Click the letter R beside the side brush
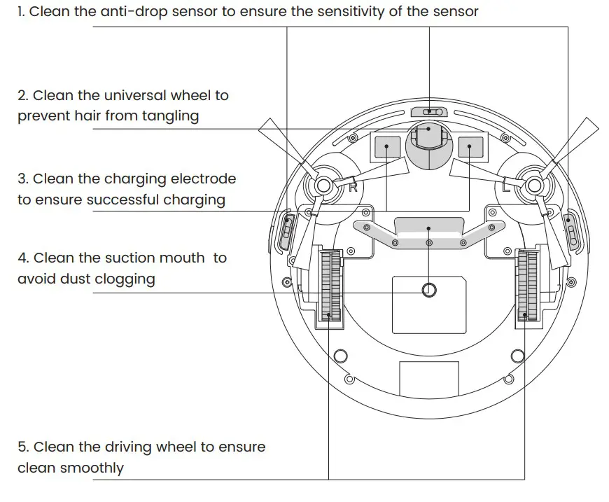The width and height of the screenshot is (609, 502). pyautogui.click(x=353, y=188)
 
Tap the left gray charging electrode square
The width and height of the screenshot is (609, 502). pyautogui.click(x=387, y=147)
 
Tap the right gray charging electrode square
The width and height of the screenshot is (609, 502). pyautogui.click(x=470, y=147)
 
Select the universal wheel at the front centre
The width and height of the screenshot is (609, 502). pyautogui.click(x=428, y=139)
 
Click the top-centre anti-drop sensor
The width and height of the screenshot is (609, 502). pyautogui.click(x=428, y=112)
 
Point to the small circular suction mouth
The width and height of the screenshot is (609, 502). pyautogui.click(x=428, y=290)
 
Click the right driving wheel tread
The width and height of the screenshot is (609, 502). pyautogui.click(x=527, y=286)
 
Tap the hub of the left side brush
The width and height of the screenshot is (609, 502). pyautogui.click(x=323, y=185)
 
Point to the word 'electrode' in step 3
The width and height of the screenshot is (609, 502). pyautogui.click(x=204, y=179)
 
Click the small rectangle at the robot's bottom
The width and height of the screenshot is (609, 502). pyautogui.click(x=428, y=379)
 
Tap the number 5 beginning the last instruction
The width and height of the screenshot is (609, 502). pyautogui.click(x=22, y=447)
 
